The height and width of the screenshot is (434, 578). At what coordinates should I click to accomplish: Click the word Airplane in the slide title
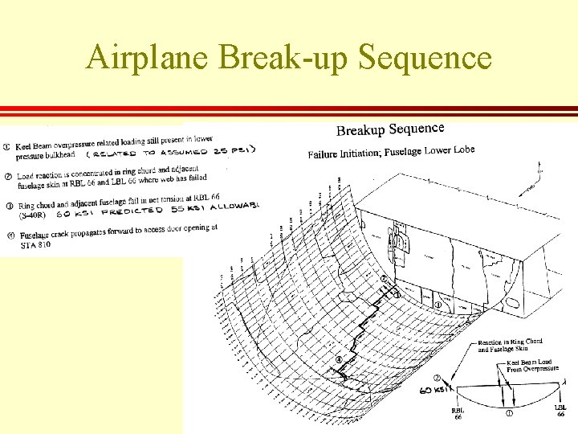tap(149, 57)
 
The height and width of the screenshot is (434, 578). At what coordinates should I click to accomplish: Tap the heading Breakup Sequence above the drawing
tap(389, 129)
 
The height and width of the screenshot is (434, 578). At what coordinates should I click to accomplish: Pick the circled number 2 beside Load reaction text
tap(6, 176)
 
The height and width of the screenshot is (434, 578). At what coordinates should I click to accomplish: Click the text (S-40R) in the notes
tap(33, 215)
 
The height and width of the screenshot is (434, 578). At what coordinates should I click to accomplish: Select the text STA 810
tap(35, 244)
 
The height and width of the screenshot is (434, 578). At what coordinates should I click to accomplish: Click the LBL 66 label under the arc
tap(560, 410)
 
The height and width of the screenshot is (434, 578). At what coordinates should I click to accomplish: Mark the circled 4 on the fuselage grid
tap(340, 359)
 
